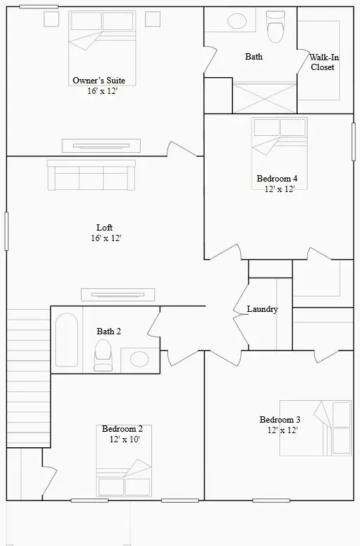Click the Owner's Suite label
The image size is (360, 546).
pyautogui.click(x=98, y=81)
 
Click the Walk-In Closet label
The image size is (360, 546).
pyautogui.click(x=323, y=62)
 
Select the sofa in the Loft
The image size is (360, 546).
pyautogui.click(x=91, y=175)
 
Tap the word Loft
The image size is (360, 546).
pyautogui.click(x=104, y=228)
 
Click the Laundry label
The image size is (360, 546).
pyautogui.click(x=263, y=309)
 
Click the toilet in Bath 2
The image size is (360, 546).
pyautogui.click(x=104, y=355)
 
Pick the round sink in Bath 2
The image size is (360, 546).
pyautogui.click(x=139, y=360)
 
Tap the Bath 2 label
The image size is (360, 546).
pyautogui.click(x=109, y=331)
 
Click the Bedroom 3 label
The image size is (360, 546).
pyautogui.click(x=280, y=420)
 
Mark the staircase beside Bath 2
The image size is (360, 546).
pyautogui.click(x=28, y=378)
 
